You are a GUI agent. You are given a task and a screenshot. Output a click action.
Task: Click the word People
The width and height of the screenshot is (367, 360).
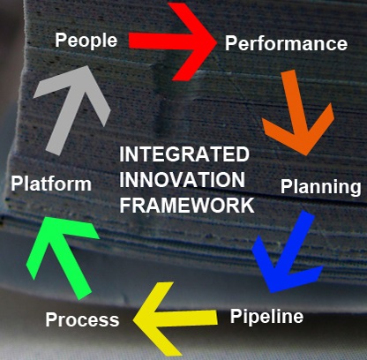click(86, 41)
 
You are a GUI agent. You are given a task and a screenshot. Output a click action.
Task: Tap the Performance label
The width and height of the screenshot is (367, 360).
click(286, 43)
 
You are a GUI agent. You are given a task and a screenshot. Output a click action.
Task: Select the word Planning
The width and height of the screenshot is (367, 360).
click(321, 187)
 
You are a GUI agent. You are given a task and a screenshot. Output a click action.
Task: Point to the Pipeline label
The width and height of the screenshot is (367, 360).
click(266, 317)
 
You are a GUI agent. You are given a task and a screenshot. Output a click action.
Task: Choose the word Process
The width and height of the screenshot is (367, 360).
click(82, 319)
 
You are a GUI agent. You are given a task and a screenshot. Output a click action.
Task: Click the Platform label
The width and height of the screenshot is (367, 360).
click(51, 184)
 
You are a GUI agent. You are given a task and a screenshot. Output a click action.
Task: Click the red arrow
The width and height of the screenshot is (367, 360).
click(173, 41)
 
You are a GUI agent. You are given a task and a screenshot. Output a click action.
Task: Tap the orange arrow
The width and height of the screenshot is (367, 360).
click(297, 113)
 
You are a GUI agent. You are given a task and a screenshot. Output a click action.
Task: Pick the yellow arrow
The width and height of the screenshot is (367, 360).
click(176, 319)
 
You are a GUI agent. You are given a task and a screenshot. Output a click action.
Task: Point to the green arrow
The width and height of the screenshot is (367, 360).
click(62, 258)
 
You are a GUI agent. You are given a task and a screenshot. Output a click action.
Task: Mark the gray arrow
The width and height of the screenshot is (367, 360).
click(72, 110)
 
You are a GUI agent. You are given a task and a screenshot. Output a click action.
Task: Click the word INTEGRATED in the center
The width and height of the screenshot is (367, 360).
click(184, 154)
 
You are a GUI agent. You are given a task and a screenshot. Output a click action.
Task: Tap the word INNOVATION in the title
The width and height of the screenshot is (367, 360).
click(182, 180)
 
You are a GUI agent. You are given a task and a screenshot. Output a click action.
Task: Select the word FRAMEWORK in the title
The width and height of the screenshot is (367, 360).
click(187, 205)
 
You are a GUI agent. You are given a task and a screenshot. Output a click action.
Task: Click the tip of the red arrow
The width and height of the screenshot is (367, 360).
click(217, 42)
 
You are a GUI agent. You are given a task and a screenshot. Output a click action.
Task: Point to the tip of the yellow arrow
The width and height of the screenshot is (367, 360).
click(133, 319)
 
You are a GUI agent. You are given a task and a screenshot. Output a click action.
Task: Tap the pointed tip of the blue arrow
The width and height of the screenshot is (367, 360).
click(271, 293)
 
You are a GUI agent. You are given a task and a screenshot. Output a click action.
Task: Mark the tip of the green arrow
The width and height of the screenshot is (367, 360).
click(44, 217)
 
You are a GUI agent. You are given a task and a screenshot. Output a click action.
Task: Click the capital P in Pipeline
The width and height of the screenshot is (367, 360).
click(236, 315)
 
